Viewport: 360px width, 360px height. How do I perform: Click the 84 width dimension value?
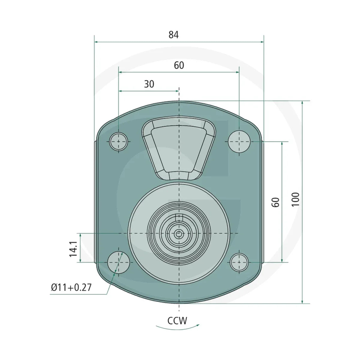click(x=173, y=35)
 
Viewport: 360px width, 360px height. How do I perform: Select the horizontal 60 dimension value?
click(x=179, y=65)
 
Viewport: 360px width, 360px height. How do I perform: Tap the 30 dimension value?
click(x=149, y=84)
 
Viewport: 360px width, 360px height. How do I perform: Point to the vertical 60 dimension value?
click(x=276, y=202)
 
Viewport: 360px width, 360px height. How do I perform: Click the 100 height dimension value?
click(x=295, y=199)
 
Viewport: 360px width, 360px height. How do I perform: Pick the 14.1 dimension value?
click(x=73, y=249)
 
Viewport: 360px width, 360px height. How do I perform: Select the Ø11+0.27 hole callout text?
click(x=71, y=287)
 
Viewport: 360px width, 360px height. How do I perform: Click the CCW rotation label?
click(x=177, y=321)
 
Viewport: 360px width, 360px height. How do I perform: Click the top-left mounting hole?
click(x=118, y=142)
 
